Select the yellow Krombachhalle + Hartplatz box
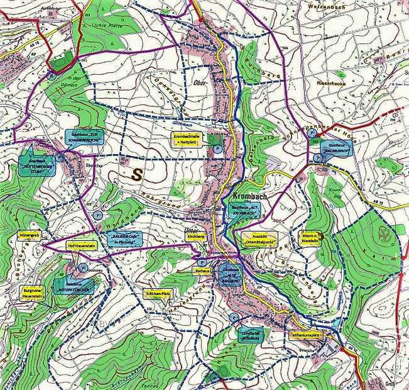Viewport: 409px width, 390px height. pos(188,139)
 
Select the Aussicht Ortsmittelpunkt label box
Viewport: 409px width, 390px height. pos(259,238)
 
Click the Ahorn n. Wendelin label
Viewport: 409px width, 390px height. pos(309,239)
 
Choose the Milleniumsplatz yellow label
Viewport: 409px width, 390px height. pos(306,335)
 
